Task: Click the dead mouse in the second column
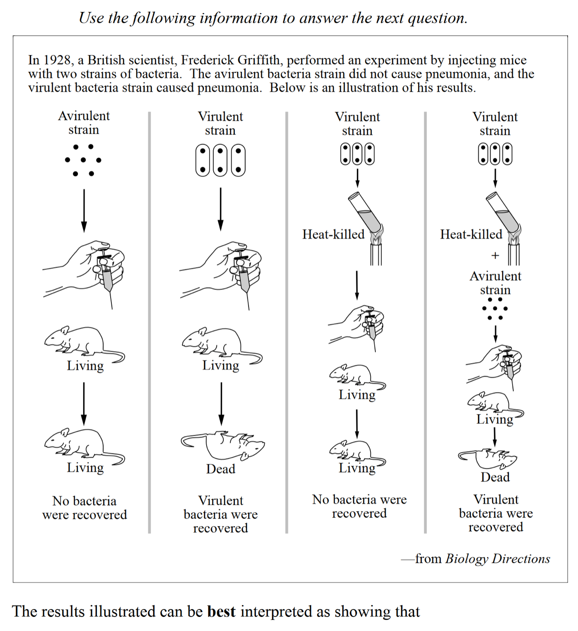[x=222, y=445]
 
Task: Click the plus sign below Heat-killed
[x=495, y=256]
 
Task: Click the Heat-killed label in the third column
[x=333, y=234]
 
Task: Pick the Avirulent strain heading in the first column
[x=84, y=122]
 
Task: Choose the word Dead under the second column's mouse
[x=221, y=469]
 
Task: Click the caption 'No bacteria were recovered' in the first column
[x=85, y=508]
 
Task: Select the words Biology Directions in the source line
[x=497, y=559]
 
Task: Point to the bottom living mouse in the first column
[x=84, y=445]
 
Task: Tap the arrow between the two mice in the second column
[x=221, y=403]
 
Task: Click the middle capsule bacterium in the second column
[x=220, y=160]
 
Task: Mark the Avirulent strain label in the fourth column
[x=495, y=283]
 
